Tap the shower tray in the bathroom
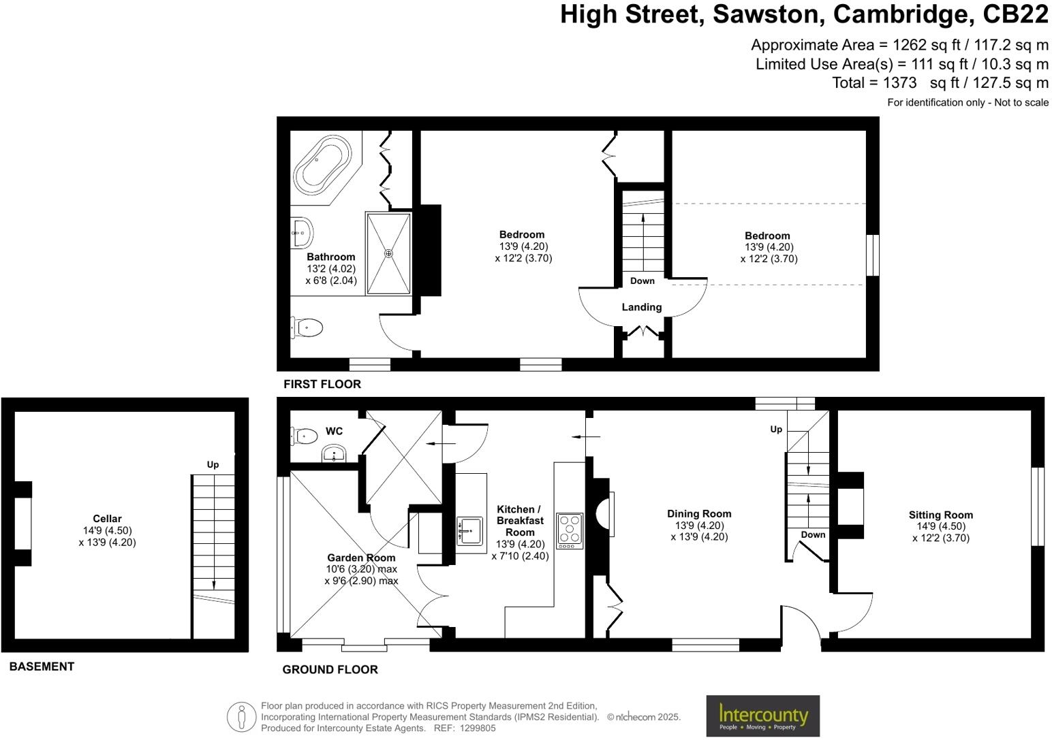(x=388, y=253)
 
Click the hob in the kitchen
(x=570, y=530)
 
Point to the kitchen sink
(x=469, y=528)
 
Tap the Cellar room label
(x=107, y=519)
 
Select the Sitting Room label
(x=940, y=515)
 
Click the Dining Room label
(x=699, y=514)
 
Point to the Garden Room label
(x=361, y=558)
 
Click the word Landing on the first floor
(x=641, y=307)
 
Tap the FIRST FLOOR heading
(x=322, y=384)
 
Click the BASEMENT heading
(x=42, y=666)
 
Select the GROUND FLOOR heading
(x=330, y=669)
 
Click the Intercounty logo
(x=762, y=715)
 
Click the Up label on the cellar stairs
(x=213, y=464)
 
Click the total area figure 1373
(x=899, y=83)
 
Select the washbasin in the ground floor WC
(x=334, y=453)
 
